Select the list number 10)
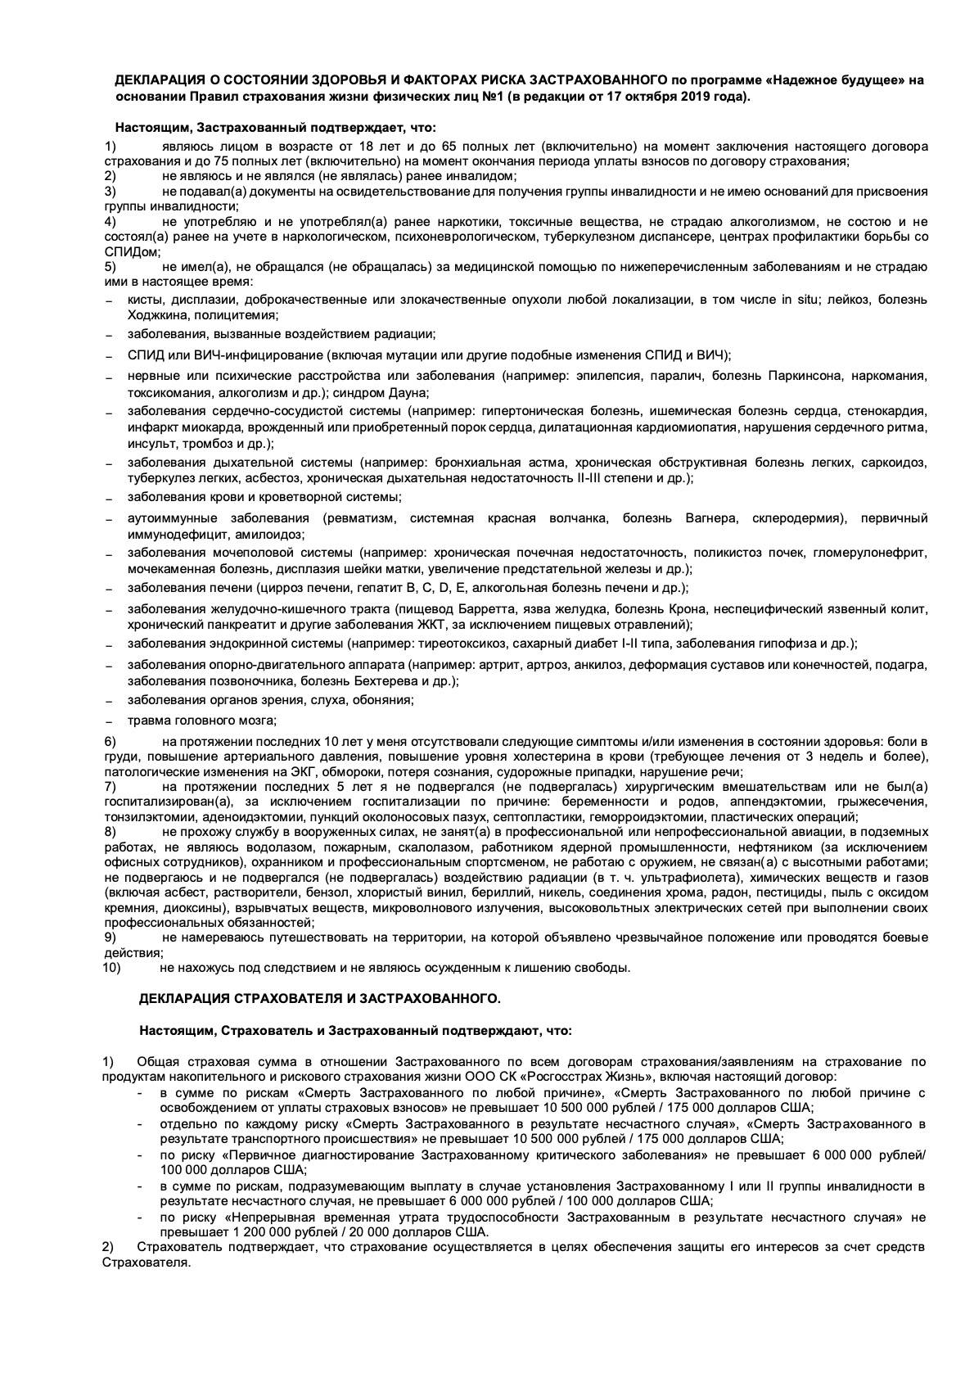[111, 968]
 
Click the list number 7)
[110, 787]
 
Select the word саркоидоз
[894, 463]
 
